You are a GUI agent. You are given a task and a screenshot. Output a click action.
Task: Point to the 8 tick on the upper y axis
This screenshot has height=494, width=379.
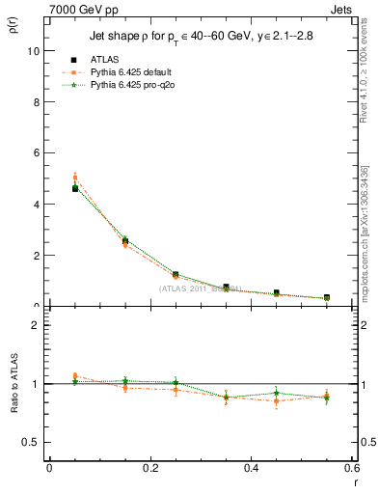point(39,102)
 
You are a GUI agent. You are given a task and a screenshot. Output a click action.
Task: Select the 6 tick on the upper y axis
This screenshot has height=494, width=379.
point(39,153)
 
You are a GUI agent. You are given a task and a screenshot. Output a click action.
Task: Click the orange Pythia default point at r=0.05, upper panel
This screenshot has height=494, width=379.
point(75,178)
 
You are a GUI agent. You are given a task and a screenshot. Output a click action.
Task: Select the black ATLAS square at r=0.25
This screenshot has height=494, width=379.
point(176,275)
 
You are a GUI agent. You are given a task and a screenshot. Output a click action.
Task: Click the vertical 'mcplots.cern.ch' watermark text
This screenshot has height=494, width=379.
point(366,241)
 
